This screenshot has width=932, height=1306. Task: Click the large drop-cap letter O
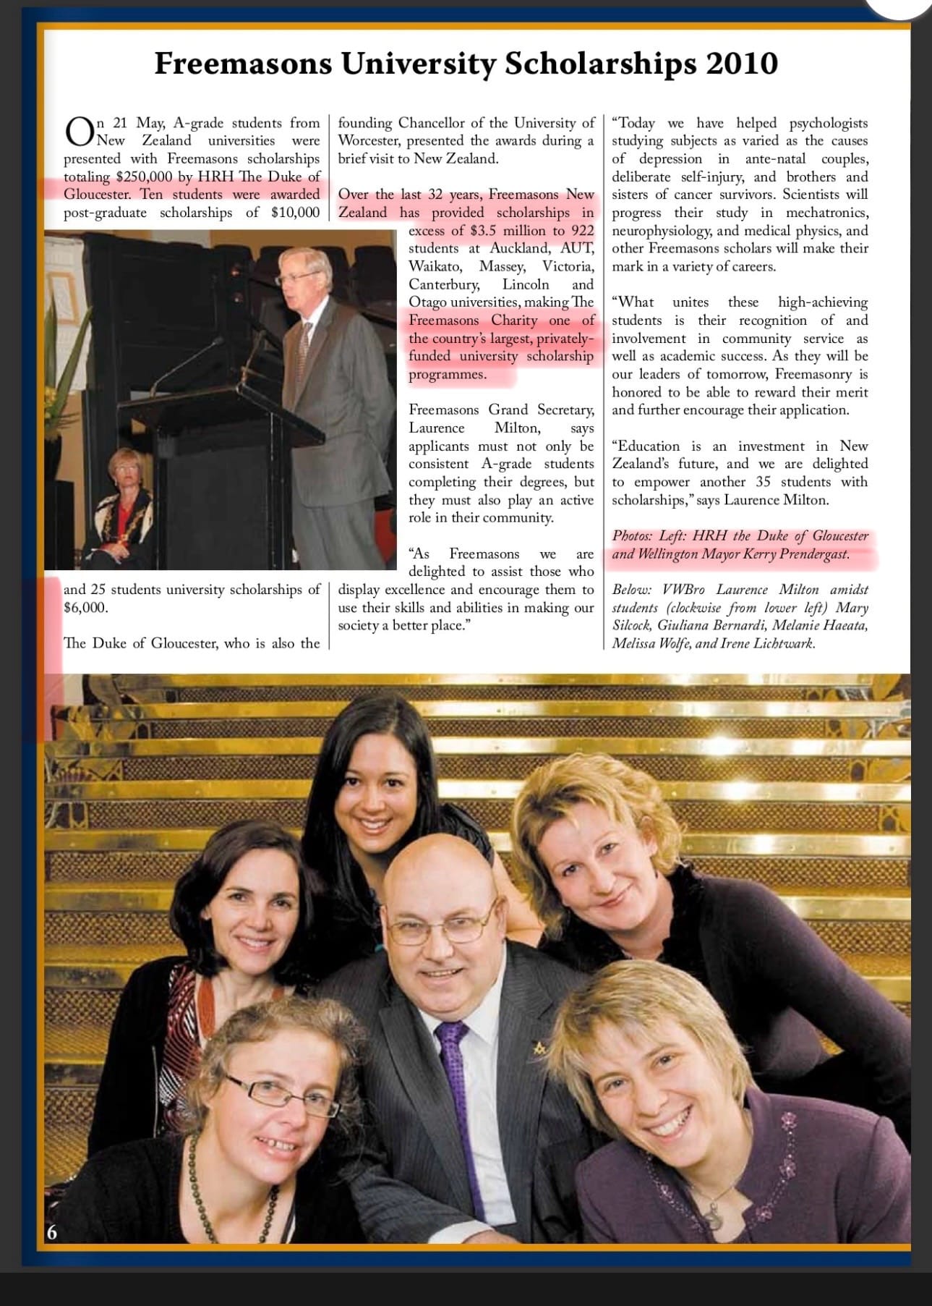(79, 131)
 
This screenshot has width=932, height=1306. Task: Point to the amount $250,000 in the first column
(143, 177)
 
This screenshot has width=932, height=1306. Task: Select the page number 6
(52, 1232)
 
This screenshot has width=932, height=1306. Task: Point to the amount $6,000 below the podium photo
(85, 608)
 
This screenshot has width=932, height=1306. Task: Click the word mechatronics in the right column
(827, 213)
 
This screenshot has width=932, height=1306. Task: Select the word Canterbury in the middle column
(443, 284)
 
